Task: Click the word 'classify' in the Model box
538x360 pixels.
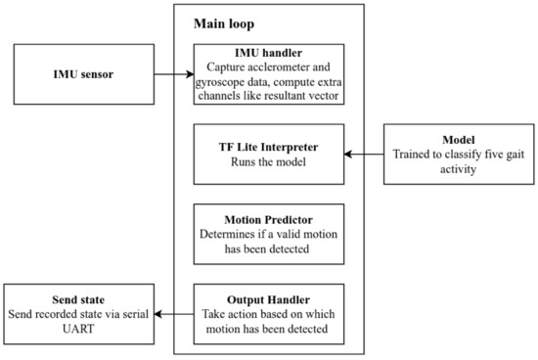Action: (470, 154)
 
